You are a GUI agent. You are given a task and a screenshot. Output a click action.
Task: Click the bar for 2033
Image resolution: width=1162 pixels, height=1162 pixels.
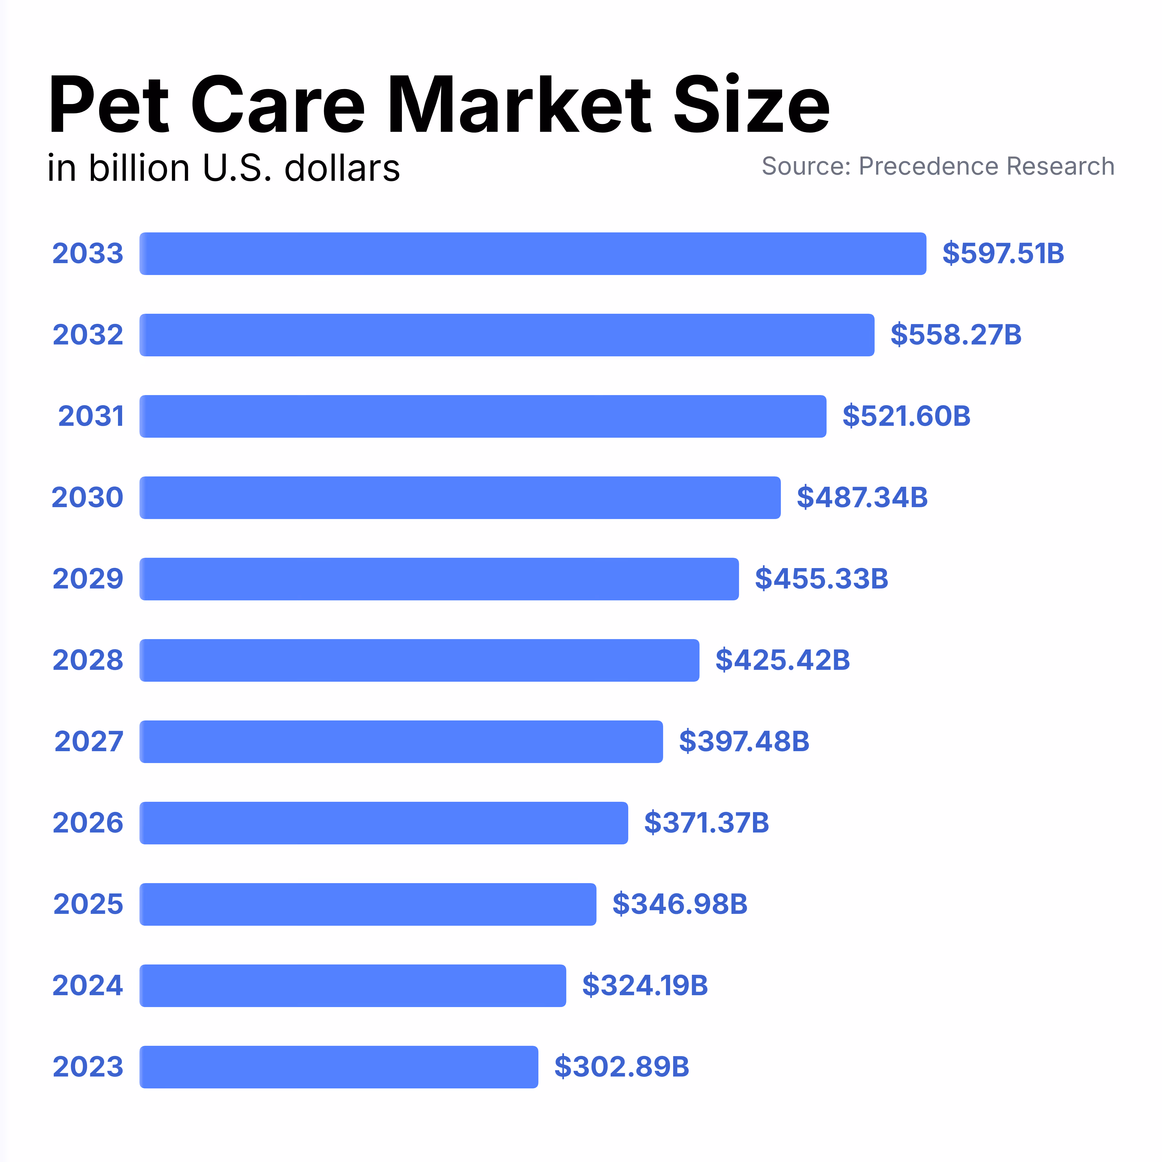point(533,254)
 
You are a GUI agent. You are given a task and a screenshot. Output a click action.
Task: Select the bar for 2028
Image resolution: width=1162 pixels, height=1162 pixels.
point(419,660)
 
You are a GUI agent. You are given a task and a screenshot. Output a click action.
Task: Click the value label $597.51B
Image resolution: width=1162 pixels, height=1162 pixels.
point(1003,254)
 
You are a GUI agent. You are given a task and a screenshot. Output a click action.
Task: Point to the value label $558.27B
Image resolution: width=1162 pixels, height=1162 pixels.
point(956,335)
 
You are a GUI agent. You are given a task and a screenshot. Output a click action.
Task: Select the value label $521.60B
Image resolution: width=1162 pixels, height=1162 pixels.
point(906,416)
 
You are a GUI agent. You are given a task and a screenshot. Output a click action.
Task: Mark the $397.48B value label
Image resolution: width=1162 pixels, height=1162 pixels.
point(744,742)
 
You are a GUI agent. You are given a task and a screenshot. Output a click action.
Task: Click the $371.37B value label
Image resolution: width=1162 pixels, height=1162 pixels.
point(706,823)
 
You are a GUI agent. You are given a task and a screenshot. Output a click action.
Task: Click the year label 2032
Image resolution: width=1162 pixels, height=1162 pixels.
point(88,335)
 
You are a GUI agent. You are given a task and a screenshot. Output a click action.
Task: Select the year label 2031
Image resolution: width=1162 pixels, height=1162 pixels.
point(91,416)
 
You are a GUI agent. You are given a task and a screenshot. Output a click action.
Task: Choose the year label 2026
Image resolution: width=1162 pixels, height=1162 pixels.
point(88,823)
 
